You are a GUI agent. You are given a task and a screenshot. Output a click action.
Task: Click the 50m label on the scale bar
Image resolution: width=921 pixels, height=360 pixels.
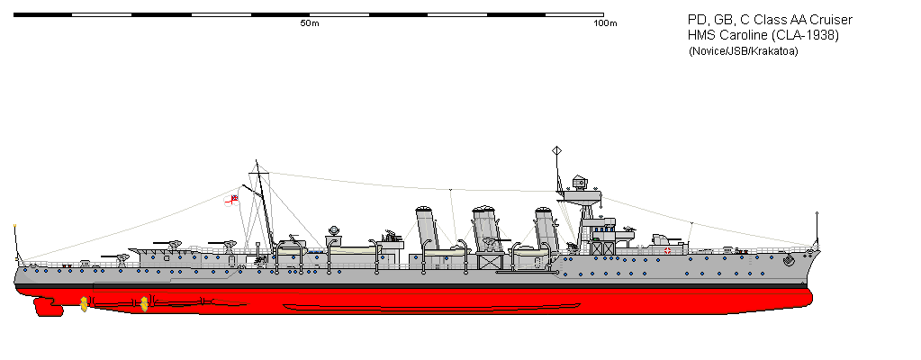(310, 23)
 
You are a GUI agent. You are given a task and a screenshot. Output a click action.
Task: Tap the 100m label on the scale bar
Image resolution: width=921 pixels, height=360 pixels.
(605, 23)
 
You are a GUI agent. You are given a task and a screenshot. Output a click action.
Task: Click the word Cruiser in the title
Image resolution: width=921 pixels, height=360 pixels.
(832, 21)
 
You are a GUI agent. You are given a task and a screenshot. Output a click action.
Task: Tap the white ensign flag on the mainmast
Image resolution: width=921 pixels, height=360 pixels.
(231, 200)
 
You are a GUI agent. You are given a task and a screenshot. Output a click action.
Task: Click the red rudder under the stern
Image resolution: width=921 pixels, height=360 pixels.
(48, 306)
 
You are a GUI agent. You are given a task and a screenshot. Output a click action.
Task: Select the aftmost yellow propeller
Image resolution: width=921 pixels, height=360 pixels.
(84, 303)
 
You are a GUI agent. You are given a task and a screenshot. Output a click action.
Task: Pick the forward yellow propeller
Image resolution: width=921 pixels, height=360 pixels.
(144, 303)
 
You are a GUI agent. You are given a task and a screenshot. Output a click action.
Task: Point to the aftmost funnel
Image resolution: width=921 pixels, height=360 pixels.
(427, 227)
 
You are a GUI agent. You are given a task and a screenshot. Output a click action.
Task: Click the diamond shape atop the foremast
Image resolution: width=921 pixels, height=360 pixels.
(556, 151)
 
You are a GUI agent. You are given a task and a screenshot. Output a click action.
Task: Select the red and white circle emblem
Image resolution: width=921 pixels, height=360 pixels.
(667, 251)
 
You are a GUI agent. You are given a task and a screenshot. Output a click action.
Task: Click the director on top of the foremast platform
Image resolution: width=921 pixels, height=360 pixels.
(580, 183)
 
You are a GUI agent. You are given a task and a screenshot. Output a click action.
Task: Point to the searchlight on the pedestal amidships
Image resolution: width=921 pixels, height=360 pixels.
(334, 230)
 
